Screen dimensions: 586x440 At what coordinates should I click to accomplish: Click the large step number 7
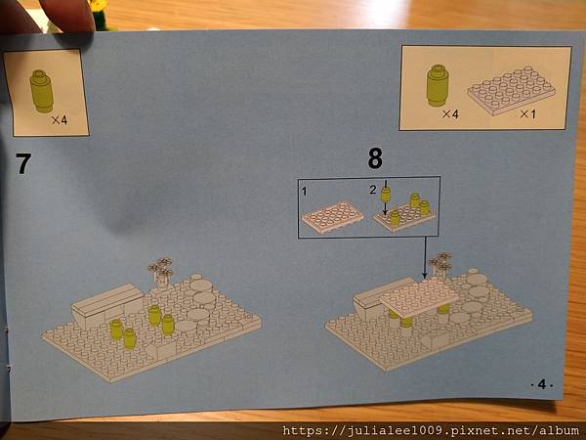coord(23,163)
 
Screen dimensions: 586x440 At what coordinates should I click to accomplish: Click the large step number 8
coord(375,158)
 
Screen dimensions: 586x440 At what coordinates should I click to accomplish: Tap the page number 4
coord(542,384)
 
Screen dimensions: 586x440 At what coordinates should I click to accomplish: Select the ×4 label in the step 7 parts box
coord(60,119)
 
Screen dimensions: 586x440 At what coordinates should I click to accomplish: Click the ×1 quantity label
coord(527,113)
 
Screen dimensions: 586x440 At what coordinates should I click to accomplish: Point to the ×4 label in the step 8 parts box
coord(450,113)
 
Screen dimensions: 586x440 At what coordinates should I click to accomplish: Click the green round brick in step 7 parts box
coord(41,91)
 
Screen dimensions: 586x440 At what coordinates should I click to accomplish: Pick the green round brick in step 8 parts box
coord(438,85)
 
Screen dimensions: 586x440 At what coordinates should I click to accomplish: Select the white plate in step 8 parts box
coord(511,90)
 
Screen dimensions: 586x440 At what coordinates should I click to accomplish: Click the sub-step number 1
coord(304,192)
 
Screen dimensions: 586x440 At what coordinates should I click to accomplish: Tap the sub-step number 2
coord(373,190)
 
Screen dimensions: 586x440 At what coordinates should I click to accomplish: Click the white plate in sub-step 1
coord(332,218)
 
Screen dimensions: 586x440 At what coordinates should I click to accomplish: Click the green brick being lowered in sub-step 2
coord(386,195)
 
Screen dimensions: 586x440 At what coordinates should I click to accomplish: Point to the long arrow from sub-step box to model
coord(425,258)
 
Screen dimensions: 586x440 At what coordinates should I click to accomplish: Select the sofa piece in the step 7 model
coord(107,306)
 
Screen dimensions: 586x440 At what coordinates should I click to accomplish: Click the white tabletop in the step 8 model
coord(419,298)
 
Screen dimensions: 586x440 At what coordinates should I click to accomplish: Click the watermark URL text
coord(430,430)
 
